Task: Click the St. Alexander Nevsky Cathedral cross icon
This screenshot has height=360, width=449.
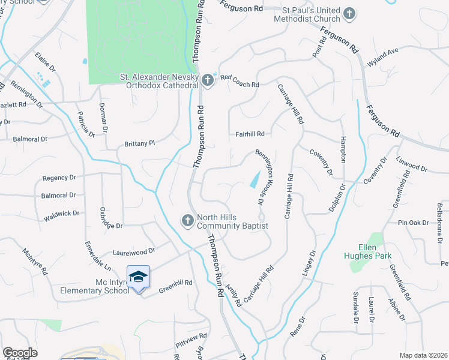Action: click(x=207, y=80)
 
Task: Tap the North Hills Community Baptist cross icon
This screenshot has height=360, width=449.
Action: click(x=187, y=221)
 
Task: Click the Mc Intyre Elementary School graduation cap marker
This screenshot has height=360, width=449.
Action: click(x=139, y=277)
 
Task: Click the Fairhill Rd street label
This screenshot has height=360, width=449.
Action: click(x=250, y=134)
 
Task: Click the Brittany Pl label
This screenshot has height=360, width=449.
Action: click(x=139, y=143)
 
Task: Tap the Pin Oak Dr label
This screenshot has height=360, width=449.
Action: click(x=414, y=223)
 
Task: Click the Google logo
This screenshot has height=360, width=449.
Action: click(x=20, y=353)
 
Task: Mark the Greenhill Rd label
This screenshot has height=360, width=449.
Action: click(x=175, y=287)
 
